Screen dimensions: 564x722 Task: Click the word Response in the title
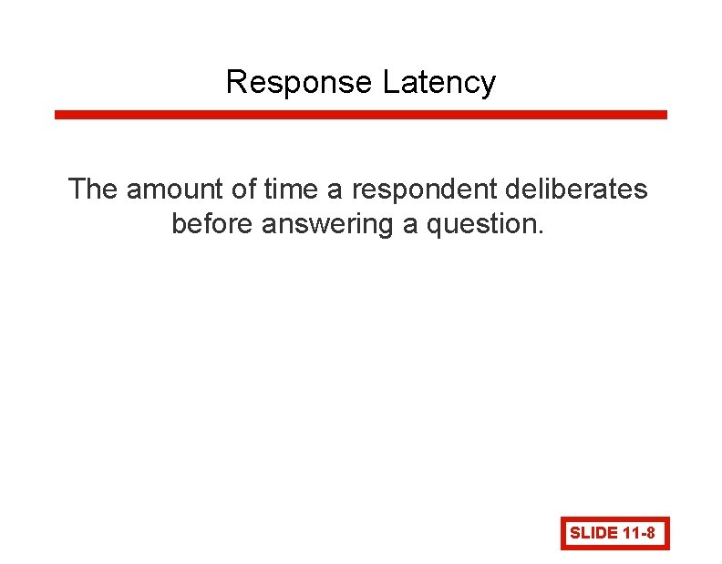[300, 83]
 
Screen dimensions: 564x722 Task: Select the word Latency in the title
[439, 83]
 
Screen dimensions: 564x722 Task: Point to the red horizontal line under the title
[361, 115]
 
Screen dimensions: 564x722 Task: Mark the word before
[212, 223]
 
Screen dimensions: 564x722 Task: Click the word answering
[327, 224]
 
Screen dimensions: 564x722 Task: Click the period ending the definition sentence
[541, 231]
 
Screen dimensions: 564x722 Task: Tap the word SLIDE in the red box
[593, 534]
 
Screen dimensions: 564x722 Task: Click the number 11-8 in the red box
[640, 534]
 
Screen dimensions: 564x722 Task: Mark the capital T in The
[77, 190]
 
